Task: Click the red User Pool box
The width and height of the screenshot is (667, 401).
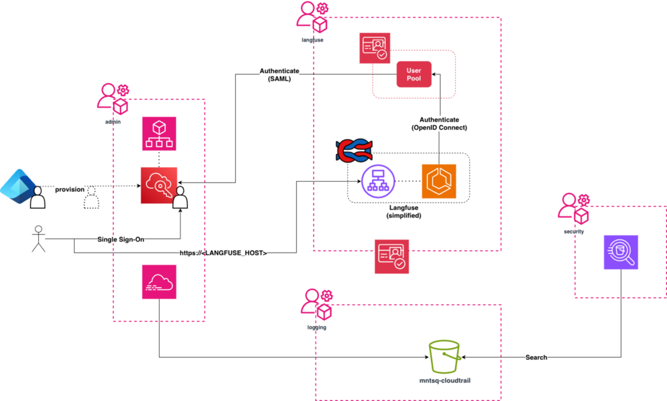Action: click(414, 75)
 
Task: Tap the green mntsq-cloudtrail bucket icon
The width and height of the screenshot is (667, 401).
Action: click(444, 357)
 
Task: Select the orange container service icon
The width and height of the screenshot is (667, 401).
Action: click(439, 181)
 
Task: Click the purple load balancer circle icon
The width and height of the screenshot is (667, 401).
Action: click(378, 181)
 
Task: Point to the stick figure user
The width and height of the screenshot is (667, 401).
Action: click(38, 238)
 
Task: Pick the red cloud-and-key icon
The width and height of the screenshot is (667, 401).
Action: click(159, 185)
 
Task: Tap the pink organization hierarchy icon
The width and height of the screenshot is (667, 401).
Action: click(159, 134)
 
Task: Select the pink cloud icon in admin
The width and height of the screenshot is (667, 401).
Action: click(159, 282)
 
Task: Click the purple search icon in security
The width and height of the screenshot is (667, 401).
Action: click(621, 252)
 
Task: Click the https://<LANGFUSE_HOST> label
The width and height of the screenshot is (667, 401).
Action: click(223, 253)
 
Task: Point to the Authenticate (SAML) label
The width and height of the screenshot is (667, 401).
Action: click(280, 75)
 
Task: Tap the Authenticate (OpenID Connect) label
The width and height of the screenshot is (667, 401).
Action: click(439, 124)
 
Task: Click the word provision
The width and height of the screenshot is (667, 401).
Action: click(70, 189)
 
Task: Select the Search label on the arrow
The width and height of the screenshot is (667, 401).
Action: click(536, 357)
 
